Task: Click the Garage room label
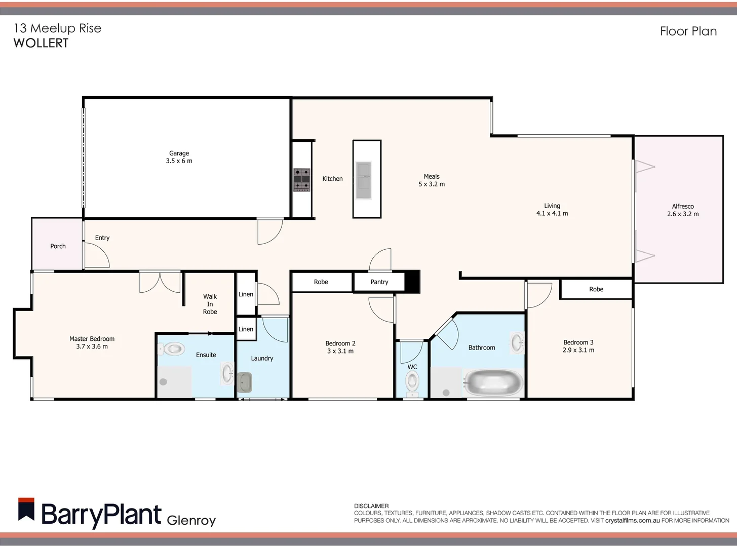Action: [179, 153]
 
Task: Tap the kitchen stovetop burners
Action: [302, 180]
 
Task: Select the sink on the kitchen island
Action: [363, 180]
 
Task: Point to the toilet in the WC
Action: [412, 382]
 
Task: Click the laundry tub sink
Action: [245, 382]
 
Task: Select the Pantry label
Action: [379, 282]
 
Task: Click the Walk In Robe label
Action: [210, 304]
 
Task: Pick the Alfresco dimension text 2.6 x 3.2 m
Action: [683, 214]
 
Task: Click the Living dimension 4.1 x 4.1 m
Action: [552, 214]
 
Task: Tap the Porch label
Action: [58, 246]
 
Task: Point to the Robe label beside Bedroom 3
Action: [596, 289]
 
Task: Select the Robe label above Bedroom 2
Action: [321, 282]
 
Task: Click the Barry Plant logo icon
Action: [26, 510]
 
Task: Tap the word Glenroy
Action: [191, 520]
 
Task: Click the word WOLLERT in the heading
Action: [41, 43]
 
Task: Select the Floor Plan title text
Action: [688, 31]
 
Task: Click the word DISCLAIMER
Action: [371, 506]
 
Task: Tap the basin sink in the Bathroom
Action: [517, 343]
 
